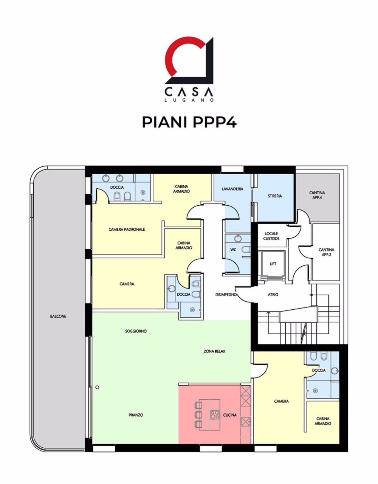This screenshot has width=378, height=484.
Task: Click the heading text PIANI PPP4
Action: coord(189,122)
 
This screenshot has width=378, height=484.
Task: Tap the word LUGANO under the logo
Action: coord(189,100)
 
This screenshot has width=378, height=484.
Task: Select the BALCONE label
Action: coord(58,316)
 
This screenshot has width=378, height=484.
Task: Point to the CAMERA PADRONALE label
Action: coord(127,229)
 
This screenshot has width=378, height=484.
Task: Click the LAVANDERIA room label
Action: coord(232,189)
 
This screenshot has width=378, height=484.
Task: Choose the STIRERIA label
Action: coord(275,196)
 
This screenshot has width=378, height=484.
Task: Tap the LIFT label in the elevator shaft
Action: coord(273,264)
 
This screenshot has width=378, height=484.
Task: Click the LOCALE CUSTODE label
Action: coord(271,236)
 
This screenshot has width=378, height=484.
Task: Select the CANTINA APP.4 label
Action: coord(317,195)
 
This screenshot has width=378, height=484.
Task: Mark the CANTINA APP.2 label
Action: coord(326,252)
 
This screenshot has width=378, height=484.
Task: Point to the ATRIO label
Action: coord(273,295)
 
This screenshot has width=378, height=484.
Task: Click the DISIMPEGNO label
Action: coord(226,295)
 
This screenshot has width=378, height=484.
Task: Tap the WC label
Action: coord(233,250)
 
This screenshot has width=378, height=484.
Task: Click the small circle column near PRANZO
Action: coord(97,387)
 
